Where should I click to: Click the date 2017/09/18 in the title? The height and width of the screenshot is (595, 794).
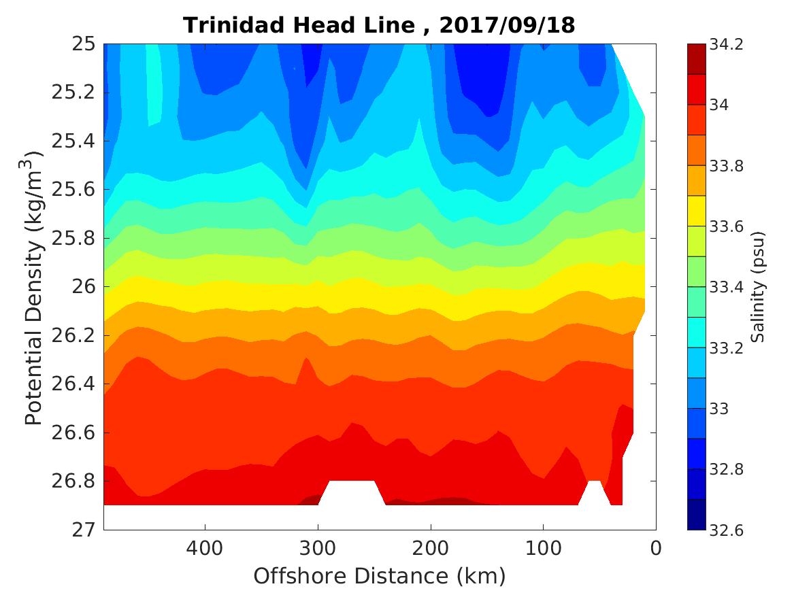507,25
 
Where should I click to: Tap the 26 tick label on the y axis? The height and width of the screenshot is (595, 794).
80,287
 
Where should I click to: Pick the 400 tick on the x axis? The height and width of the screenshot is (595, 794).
205,547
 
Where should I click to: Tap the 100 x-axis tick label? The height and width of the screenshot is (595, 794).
543,547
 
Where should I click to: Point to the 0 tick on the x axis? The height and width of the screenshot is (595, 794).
656,547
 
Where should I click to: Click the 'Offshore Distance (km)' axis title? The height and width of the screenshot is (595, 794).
380,577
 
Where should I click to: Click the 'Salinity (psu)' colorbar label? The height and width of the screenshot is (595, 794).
759,287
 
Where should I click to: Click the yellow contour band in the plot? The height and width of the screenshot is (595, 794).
374,287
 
